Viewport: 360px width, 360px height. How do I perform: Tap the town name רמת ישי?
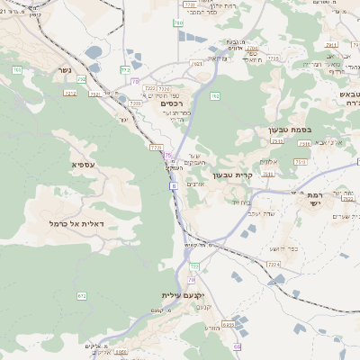(313, 200)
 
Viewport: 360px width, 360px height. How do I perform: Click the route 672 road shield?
(82, 295)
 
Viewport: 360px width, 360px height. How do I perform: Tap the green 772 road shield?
(125, 69)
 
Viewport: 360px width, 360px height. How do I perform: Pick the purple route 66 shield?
(237, 346)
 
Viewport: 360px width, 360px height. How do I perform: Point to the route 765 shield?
(16, 69)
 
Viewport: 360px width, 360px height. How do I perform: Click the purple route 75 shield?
(166, 155)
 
